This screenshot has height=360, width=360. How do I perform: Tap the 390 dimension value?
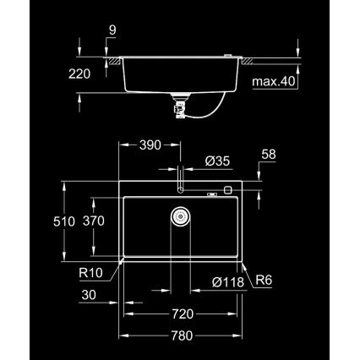point(150,144)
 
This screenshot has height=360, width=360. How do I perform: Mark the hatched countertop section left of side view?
point(107,60)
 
